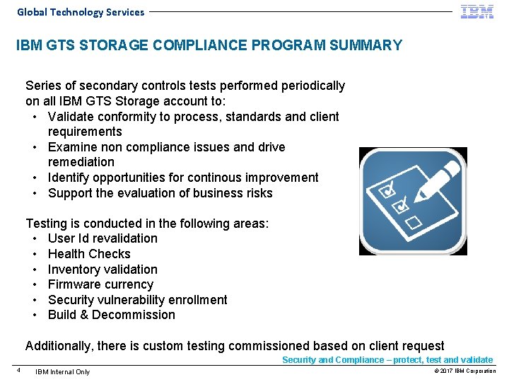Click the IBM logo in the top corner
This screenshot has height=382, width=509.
477,11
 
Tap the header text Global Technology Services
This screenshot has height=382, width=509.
81,12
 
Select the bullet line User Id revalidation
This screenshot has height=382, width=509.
103,238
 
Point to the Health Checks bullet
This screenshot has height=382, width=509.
89,254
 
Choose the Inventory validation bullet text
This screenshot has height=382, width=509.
103,270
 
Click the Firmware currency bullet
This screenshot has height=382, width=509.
100,284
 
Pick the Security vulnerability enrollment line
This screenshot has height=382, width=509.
137,300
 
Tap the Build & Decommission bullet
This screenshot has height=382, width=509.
111,315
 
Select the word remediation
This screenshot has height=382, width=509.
81,162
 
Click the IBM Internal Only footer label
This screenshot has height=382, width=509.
63,371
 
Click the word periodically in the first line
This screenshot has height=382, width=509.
312,86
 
